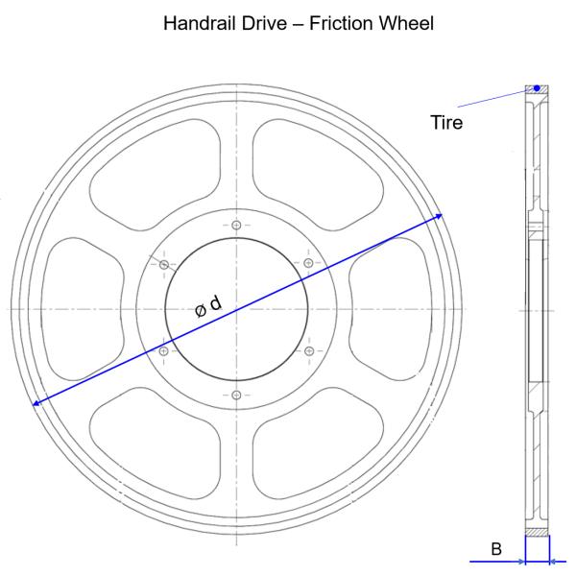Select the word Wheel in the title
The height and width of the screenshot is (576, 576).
[406, 23]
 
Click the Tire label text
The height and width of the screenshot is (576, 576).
[446, 122]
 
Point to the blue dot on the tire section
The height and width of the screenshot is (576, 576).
[537, 88]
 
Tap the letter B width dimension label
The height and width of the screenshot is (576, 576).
[496, 549]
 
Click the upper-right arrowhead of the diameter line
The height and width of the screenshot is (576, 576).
[439, 216]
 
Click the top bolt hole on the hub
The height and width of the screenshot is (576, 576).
[236, 225]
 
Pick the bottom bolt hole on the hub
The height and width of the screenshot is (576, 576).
[236, 396]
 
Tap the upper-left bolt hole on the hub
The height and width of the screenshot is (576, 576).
[164, 265]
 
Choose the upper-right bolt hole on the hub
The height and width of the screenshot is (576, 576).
[308, 263]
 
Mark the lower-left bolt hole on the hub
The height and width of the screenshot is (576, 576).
[164, 351]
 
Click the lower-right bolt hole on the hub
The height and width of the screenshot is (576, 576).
[309, 350]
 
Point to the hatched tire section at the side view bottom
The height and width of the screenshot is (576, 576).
[537, 532]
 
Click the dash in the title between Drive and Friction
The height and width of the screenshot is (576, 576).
[298, 24]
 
